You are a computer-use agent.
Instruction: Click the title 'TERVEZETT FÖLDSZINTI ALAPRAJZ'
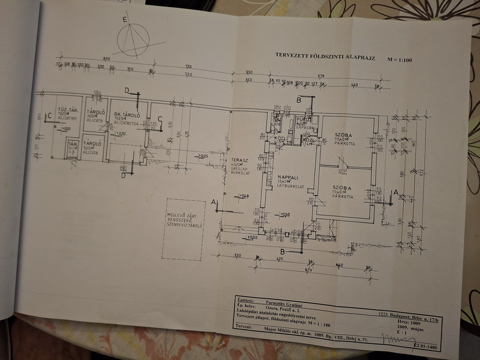pos(325,55)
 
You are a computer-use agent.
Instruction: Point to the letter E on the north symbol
pos(124,20)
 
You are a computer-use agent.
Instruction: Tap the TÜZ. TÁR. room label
pos(65,110)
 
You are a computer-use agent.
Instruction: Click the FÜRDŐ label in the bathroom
pos(302,119)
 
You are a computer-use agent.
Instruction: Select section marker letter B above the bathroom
pos(299,100)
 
